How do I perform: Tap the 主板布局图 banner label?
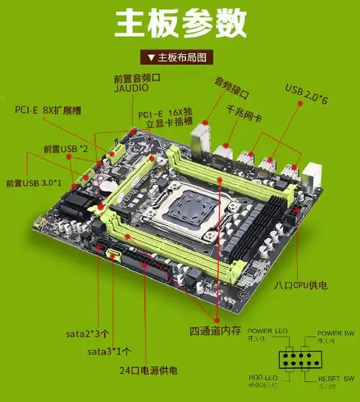click(181, 57)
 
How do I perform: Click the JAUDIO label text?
click(131, 87)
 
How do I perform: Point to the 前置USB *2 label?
click(66, 149)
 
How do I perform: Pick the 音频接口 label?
click(233, 82)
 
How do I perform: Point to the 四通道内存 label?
click(212, 331)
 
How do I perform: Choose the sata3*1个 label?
click(109, 352)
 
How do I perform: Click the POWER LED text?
click(267, 330)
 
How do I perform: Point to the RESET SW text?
click(336, 378)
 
